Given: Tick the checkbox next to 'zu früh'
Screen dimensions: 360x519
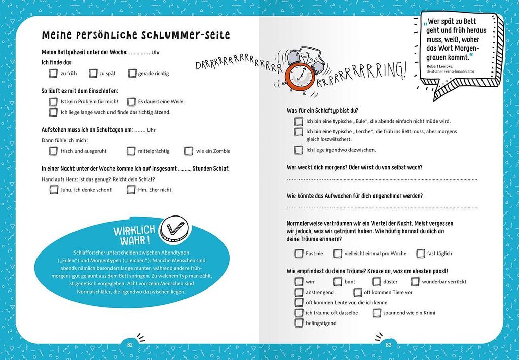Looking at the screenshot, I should [x=53, y=74].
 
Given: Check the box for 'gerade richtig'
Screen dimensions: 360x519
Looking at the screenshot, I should [x=133, y=74].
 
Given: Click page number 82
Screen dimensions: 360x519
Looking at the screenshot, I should [x=130, y=345].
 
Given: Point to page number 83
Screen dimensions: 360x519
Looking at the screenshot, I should [x=389, y=345].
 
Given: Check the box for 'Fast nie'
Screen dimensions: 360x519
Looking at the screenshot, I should [x=299, y=254].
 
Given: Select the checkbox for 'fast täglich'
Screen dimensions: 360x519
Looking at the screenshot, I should [x=421, y=254].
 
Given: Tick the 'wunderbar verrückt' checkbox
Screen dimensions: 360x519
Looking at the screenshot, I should [x=415, y=282].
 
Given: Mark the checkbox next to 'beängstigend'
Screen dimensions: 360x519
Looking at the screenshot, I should [x=299, y=323].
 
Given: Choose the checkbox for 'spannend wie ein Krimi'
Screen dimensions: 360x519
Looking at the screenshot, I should [x=377, y=313].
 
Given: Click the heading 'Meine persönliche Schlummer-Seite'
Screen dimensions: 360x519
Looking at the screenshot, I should [x=136, y=35].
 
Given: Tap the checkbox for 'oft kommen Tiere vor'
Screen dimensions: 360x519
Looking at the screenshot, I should [x=358, y=292].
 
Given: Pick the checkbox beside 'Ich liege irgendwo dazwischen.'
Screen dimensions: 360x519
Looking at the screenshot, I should [x=299, y=150].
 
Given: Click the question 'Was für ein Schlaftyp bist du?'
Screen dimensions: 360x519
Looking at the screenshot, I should [x=322, y=110].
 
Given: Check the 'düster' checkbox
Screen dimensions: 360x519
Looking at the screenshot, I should [x=377, y=282].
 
